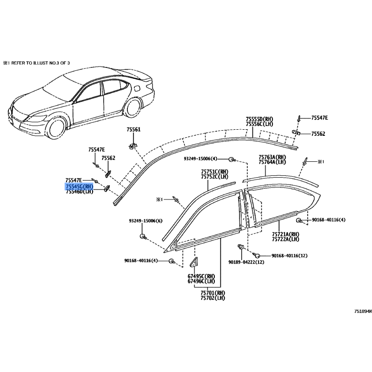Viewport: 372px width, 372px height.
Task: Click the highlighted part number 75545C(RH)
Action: pos(80,186)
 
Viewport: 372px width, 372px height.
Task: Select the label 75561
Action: pos(133,130)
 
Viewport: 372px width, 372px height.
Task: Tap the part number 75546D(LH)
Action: pos(80,191)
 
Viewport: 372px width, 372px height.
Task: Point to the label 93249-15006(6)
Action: pos(146,220)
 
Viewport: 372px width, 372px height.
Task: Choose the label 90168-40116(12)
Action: pos(290,255)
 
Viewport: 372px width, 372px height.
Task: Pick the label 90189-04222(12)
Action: pos(246,262)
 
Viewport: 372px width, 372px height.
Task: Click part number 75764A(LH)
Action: pos(272,162)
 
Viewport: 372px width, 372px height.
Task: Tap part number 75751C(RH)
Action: pos(215,172)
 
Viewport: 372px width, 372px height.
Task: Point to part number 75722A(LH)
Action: pos(286,239)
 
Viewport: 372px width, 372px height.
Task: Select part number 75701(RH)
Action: pos(213,293)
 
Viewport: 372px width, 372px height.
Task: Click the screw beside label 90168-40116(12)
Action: pos(256,255)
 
